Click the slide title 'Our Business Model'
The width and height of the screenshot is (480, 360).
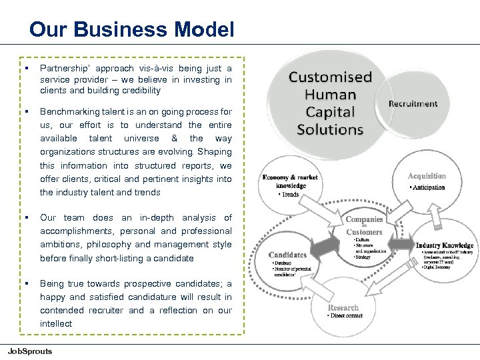132,29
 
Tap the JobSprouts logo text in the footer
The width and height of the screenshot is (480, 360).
30,351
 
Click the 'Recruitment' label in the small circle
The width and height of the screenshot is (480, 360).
413,103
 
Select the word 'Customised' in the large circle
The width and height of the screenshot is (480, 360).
330,77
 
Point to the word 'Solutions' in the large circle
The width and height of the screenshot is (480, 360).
330,129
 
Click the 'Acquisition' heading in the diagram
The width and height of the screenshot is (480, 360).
427,176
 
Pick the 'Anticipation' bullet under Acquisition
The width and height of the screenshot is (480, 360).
428,187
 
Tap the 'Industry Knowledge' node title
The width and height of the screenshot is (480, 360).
444,245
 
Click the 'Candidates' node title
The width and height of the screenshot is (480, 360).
287,255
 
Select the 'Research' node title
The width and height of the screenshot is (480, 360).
343,307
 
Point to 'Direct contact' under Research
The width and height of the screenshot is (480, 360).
346,316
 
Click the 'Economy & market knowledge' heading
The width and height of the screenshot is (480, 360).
290,181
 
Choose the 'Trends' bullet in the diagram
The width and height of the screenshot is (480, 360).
289,195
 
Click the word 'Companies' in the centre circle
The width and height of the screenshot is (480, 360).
364,219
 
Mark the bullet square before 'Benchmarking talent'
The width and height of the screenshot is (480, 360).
25,112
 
